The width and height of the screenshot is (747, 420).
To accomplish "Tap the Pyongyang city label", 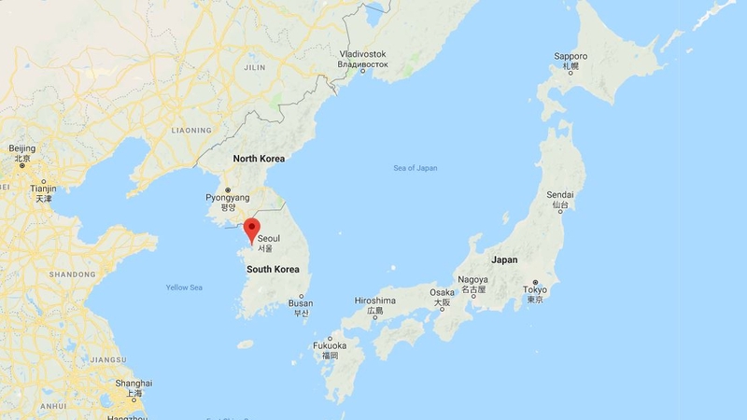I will pyautogui.click(x=228, y=198).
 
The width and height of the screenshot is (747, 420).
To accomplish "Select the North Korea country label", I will pyautogui.click(x=259, y=159).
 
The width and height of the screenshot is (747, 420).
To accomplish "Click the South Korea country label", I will pyautogui.click(x=273, y=269).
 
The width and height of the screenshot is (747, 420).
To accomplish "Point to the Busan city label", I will pyautogui.click(x=301, y=303).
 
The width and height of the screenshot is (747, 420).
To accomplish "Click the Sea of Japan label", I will pyautogui.click(x=416, y=168).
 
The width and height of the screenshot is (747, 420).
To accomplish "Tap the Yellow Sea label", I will pyautogui.click(x=184, y=287).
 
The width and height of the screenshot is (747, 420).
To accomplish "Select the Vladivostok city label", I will pyautogui.click(x=362, y=54).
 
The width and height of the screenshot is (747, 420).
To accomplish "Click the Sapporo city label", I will pyautogui.click(x=570, y=57).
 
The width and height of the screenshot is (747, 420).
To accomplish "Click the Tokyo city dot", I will pyautogui.click(x=535, y=282).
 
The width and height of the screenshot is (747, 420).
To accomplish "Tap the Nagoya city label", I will pyautogui.click(x=472, y=280).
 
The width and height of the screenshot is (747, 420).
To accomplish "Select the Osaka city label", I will pyautogui.click(x=442, y=292).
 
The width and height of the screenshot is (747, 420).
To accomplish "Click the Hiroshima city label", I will pyautogui.click(x=375, y=301).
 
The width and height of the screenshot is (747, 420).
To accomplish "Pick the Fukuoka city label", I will pyautogui.click(x=330, y=345).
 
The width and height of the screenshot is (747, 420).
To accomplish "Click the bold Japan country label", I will pyautogui.click(x=504, y=259).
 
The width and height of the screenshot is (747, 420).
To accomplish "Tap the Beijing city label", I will pyautogui.click(x=21, y=148).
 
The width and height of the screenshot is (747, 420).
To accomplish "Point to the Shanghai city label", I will pyautogui.click(x=134, y=384).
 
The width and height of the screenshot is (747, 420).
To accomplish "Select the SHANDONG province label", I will pyautogui.click(x=72, y=273).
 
